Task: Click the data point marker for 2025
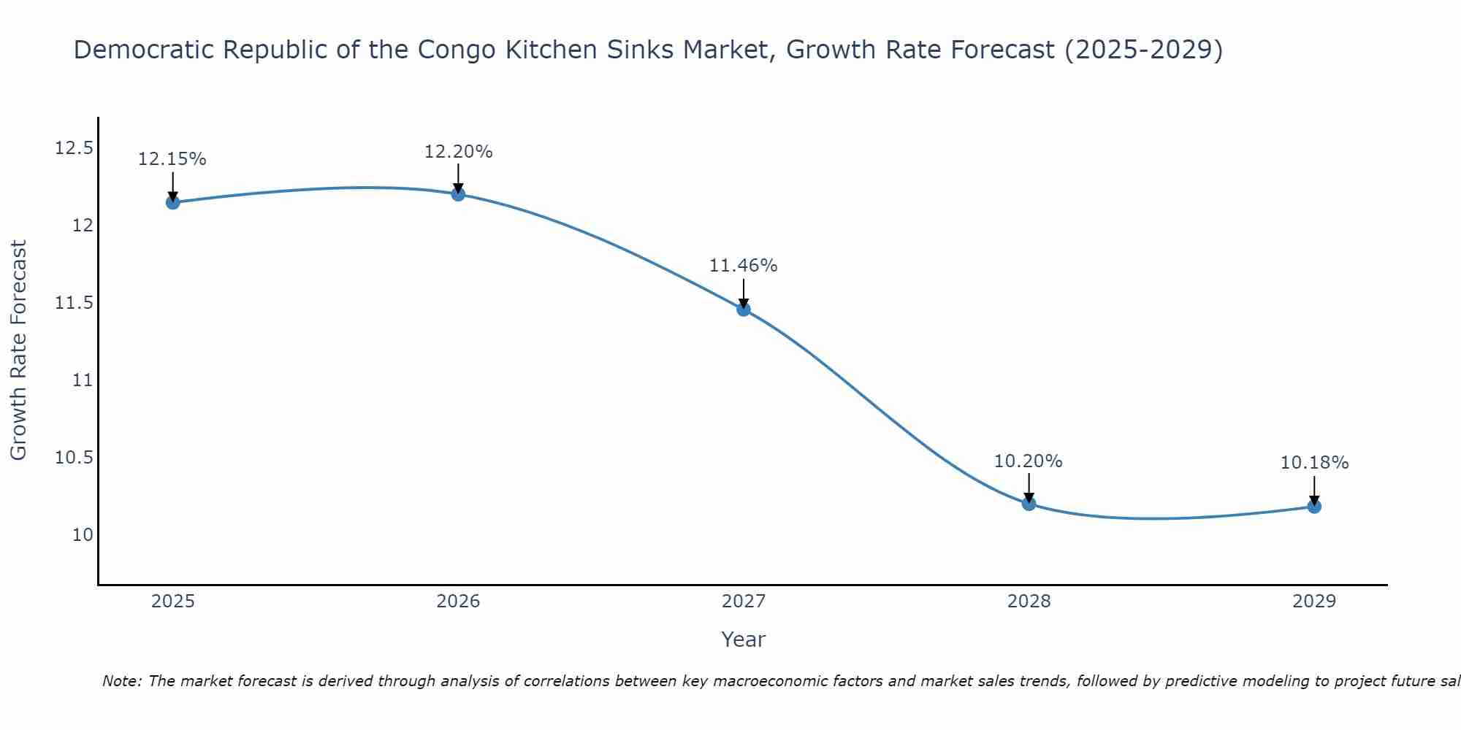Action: point(173,202)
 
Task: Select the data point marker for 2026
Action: point(458,193)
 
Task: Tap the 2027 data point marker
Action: point(744,309)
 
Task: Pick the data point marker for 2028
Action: point(1029,503)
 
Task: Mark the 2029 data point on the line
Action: point(1314,506)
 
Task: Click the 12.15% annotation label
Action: point(172,159)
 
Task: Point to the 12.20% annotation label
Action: point(458,152)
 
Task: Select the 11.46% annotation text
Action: point(743,266)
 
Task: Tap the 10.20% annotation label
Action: point(1028,461)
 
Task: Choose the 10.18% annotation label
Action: point(1314,463)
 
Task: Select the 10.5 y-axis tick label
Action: point(75,458)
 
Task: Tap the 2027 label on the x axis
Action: point(744,602)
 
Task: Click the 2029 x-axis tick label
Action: point(1314,602)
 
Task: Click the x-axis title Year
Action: point(743,639)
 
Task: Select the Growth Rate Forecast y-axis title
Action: point(19,350)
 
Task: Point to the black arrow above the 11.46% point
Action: point(744,293)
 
